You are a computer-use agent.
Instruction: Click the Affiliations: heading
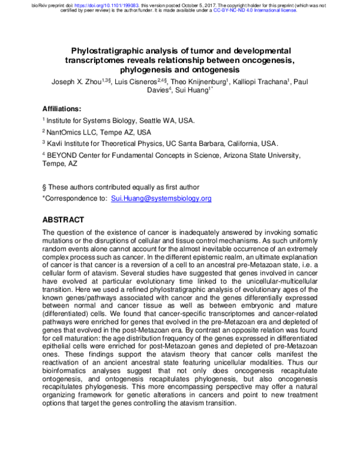point(62,109)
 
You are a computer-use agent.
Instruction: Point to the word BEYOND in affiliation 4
point(64,155)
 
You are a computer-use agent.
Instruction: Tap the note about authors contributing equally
point(120,187)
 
